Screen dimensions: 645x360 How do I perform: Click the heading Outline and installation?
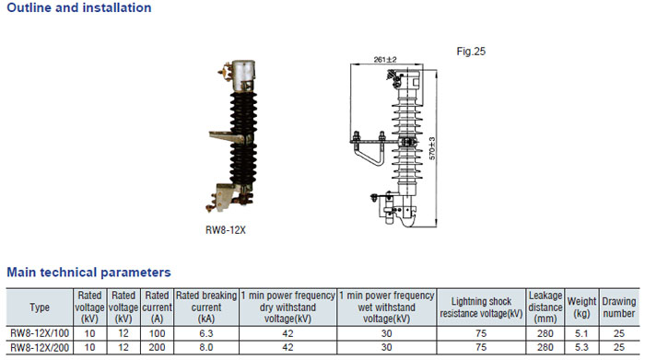(79, 7)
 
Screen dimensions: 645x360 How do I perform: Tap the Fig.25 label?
(471, 52)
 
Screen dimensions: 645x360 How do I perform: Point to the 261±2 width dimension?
(385, 60)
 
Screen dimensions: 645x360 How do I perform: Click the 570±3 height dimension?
(432, 148)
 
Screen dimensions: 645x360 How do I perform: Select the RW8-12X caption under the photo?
(226, 230)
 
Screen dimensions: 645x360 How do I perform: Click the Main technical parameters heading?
(88, 272)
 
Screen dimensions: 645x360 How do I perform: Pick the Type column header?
(40, 308)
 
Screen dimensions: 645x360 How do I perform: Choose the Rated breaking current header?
(206, 307)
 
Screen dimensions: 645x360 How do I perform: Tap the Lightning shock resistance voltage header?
(481, 307)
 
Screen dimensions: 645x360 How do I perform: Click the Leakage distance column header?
(545, 307)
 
